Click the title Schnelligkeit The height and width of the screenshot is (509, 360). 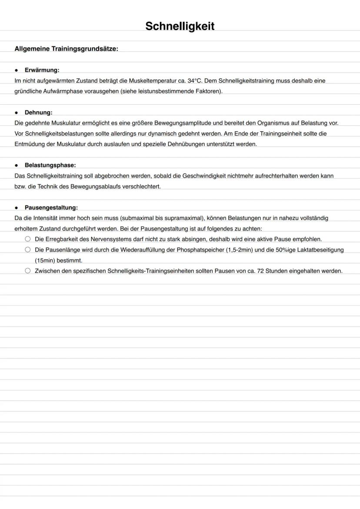[x=180, y=27]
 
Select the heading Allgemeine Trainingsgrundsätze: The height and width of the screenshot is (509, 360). [x=66, y=49]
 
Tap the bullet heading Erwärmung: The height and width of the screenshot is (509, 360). [x=42, y=70]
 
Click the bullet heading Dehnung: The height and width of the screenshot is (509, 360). [x=38, y=113]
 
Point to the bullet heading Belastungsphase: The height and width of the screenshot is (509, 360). [x=50, y=165]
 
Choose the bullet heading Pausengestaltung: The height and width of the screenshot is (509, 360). [x=51, y=208]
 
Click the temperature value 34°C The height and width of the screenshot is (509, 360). [x=195, y=81]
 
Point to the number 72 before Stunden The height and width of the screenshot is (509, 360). [x=261, y=271]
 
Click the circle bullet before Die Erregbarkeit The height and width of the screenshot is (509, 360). [x=28, y=239]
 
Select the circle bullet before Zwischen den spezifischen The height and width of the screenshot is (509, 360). [x=28, y=271]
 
